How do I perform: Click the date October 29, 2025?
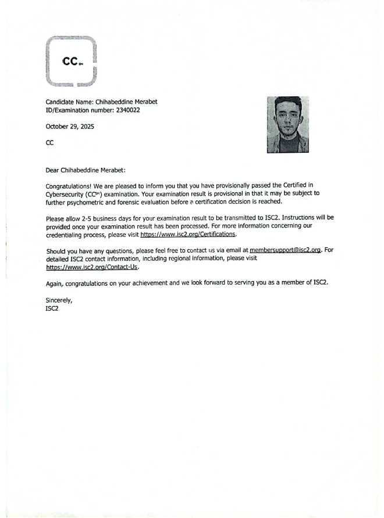[x=70, y=126]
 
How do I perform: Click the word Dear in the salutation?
[x=53, y=171]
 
